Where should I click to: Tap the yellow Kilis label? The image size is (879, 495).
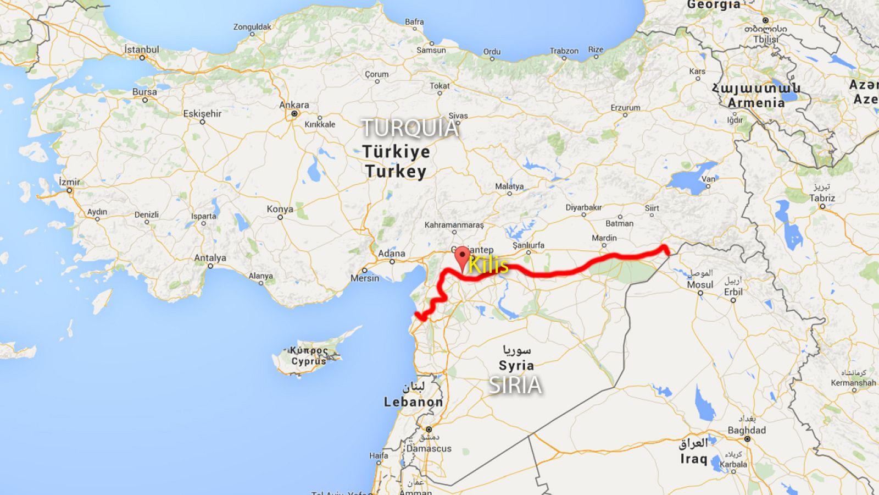tap(488, 266)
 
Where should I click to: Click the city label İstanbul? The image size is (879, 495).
tap(141, 50)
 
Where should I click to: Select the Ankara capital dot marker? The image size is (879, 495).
tap(294, 114)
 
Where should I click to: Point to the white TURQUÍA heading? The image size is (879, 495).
tap(410, 128)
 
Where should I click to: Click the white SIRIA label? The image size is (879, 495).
tap(515, 386)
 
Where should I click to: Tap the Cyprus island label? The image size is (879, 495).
tap(309, 361)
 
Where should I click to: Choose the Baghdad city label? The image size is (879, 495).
tap(747, 430)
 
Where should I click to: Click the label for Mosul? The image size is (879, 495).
tap(700, 285)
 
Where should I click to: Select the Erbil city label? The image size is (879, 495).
tap(733, 291)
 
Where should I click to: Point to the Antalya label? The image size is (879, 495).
tap(210, 257)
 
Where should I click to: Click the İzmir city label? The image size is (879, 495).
tap(69, 182)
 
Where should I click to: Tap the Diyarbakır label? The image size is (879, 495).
tap(583, 207)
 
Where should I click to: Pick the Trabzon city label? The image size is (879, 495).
tap(564, 51)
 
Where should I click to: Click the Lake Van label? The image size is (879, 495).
tap(709, 179)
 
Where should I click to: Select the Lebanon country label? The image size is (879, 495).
tap(413, 402)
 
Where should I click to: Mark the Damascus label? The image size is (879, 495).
tap(429, 448)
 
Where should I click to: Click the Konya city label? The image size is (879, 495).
tap(280, 209)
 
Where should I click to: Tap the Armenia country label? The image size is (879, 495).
tap(756, 102)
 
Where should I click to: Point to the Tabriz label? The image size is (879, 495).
tap(822, 198)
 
